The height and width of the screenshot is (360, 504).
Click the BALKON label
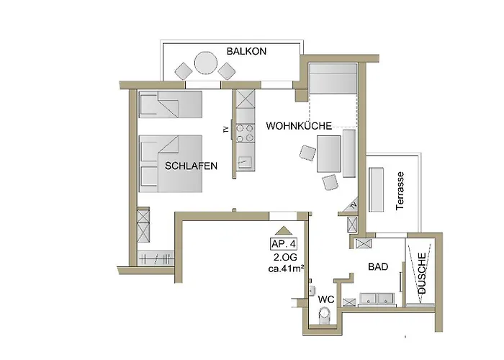pos(246,51)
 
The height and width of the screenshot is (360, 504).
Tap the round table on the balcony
pos(206,63)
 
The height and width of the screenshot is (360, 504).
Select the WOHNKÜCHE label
pos(299,126)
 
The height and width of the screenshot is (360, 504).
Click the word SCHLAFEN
pos(192,166)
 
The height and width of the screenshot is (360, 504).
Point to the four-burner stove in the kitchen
pos(245,133)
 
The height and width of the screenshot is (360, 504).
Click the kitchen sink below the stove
pos(245,162)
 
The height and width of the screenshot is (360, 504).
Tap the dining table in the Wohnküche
pos(329,153)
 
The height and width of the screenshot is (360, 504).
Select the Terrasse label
pos(400,191)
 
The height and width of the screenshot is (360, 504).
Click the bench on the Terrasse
pos(376,189)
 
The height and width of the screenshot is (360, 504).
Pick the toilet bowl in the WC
pos(325,315)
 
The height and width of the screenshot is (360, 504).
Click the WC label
pos(326,300)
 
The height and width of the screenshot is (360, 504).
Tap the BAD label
pos(378,267)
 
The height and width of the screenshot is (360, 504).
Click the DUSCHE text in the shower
pos(422,273)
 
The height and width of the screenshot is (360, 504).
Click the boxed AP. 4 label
pos(284,244)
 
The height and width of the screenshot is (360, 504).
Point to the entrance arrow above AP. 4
pos(284,230)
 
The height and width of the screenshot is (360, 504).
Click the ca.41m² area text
pos(287,269)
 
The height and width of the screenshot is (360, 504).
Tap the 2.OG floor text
pos(285,257)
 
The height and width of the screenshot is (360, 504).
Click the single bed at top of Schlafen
pos(171,104)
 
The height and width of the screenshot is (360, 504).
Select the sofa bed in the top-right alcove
pos(333,78)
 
